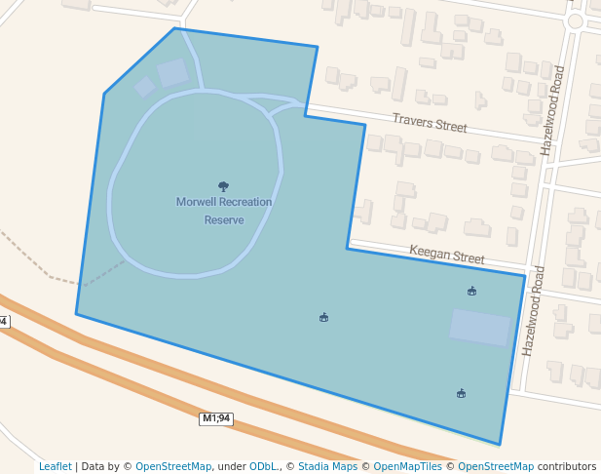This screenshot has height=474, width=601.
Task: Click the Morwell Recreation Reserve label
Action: click(223, 211)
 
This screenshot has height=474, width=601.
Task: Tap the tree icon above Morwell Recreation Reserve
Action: click(223, 185)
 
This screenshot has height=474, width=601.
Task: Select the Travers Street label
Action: click(430, 123)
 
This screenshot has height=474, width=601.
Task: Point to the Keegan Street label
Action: click(446, 255)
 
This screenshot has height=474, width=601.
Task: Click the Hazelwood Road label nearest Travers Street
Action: click(552, 111)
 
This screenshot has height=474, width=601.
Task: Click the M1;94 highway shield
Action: click(216, 418)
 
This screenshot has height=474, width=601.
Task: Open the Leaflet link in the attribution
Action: click(55, 466)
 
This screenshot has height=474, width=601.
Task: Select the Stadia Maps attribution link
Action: click(327, 466)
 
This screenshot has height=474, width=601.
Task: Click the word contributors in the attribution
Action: click(567, 466)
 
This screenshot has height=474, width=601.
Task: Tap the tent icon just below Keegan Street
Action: click(471, 291)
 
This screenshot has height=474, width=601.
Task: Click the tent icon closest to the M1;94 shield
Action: click(323, 317)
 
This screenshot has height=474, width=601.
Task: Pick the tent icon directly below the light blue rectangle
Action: click(461, 393)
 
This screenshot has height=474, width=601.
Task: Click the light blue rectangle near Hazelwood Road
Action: click(479, 327)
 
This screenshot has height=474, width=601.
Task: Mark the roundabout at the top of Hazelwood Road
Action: click(575, 20)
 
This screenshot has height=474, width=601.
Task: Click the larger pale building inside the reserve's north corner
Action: click(173, 72)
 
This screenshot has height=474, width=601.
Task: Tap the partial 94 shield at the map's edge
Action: click(3, 321)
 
